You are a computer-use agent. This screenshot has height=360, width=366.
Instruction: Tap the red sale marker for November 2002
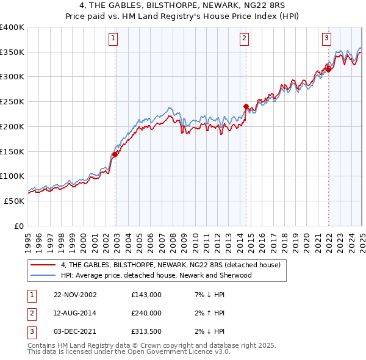(115, 154)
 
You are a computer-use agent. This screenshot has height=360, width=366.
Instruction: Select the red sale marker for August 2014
(246, 106)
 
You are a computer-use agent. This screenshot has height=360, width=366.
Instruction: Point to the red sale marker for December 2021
(328, 70)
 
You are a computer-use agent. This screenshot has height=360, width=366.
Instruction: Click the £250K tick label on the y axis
(12, 101)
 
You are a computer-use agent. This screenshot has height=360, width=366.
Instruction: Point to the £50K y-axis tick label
(14, 201)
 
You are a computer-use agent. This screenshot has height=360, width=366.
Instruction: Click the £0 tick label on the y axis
(18, 226)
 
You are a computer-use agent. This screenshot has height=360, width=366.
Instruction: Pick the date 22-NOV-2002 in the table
(75, 295)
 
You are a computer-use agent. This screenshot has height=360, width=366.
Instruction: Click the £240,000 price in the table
(146, 313)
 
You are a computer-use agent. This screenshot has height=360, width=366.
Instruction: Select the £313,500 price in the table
(146, 331)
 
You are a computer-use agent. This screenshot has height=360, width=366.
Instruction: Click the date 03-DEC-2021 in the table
(75, 331)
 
